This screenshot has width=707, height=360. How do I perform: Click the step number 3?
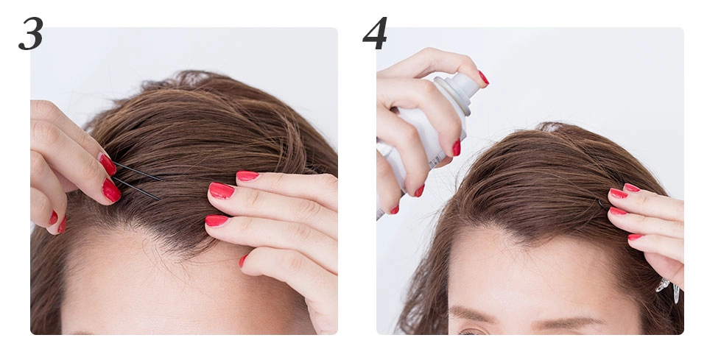tap(31, 33)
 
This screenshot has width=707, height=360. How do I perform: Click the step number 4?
tap(375, 33)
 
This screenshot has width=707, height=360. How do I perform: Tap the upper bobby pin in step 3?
tap(138, 172)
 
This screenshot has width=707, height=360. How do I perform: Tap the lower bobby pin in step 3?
tap(137, 188)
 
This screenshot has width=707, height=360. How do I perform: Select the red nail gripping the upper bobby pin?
tap(108, 164)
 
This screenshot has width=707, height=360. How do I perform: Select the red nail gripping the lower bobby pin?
tap(111, 191)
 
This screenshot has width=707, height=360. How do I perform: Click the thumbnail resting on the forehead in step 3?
tap(243, 261)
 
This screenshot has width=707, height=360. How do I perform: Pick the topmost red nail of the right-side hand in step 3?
tap(247, 176)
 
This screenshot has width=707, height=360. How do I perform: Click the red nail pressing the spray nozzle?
tap(483, 78)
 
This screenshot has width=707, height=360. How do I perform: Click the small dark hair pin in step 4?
tap(603, 205)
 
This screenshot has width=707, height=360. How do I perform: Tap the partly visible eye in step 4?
tap(471, 332)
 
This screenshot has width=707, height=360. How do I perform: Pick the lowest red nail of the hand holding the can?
tap(395, 210)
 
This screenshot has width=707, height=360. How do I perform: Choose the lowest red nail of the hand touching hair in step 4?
tap(635, 237)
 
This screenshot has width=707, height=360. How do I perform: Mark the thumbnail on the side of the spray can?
tap(457, 148)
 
